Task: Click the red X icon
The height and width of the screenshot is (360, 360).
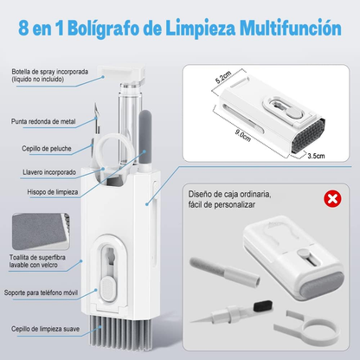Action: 332,199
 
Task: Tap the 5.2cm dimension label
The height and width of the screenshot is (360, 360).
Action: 223,77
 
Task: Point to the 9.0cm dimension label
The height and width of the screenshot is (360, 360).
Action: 243,136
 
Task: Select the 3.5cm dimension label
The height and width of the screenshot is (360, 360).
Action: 316,156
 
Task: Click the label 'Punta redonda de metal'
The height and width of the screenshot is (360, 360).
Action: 43,121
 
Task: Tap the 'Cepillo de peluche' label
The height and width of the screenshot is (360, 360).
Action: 47,149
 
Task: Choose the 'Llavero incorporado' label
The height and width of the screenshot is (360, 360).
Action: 49,172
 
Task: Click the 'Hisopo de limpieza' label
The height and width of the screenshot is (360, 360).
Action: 53,192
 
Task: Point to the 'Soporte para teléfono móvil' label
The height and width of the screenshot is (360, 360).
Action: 41,292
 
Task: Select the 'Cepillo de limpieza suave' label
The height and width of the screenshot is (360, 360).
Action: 45,329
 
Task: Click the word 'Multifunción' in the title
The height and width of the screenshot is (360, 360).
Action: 291,29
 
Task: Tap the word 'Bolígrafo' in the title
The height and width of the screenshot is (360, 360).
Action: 104,29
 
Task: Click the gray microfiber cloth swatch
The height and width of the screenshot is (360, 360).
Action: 39,230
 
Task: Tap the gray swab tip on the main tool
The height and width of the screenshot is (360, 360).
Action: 145,132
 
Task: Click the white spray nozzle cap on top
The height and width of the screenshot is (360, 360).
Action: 121,73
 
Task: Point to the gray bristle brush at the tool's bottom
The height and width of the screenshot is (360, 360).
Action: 120,331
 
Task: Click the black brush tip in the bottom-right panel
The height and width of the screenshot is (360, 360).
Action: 263,305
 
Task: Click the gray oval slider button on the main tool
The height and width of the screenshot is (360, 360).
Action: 108,286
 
